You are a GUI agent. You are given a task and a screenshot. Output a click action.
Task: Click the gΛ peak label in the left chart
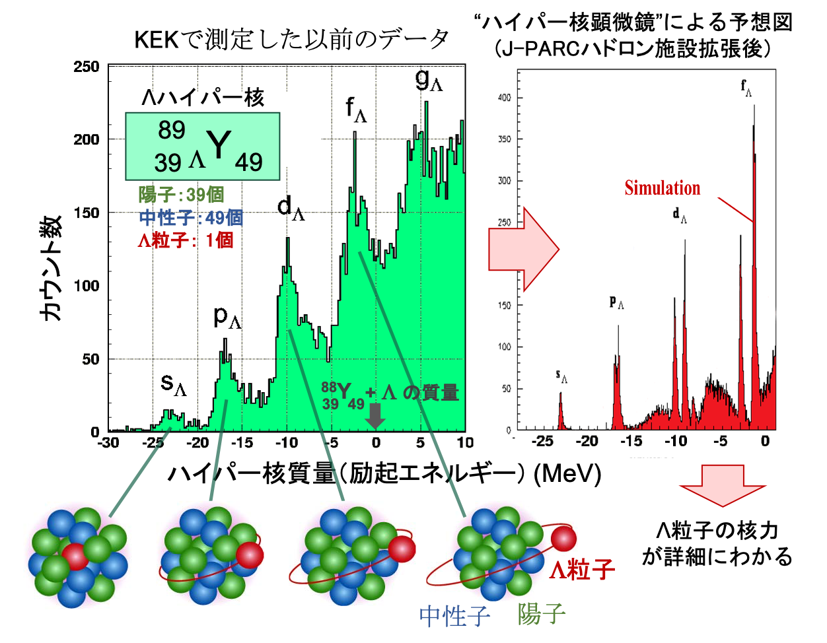pos(429,80)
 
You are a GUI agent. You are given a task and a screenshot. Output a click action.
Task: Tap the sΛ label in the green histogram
pos(174,384)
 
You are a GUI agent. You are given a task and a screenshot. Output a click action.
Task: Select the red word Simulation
pos(662,188)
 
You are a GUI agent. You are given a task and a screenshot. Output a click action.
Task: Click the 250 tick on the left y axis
pos(87,67)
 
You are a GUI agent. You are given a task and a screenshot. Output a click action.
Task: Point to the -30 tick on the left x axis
pos(108,443)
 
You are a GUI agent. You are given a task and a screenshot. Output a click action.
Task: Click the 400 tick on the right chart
pos(504,98)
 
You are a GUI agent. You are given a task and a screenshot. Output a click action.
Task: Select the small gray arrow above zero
pos(375,416)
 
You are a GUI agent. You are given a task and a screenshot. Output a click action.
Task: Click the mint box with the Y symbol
pos(203,146)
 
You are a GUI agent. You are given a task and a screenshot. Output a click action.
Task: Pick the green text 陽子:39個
pos(181,195)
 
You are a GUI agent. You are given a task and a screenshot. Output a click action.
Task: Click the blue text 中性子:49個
pos(191,217)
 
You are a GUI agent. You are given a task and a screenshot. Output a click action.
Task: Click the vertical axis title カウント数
pos(52,268)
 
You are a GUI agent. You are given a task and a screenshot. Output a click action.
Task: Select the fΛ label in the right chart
pos(746,88)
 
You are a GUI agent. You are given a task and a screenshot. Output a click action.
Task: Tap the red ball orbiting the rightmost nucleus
pos(563,539)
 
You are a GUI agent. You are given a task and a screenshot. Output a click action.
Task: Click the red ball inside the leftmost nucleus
pos(75,557)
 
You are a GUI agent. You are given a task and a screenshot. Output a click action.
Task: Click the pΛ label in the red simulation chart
pos(616,302)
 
